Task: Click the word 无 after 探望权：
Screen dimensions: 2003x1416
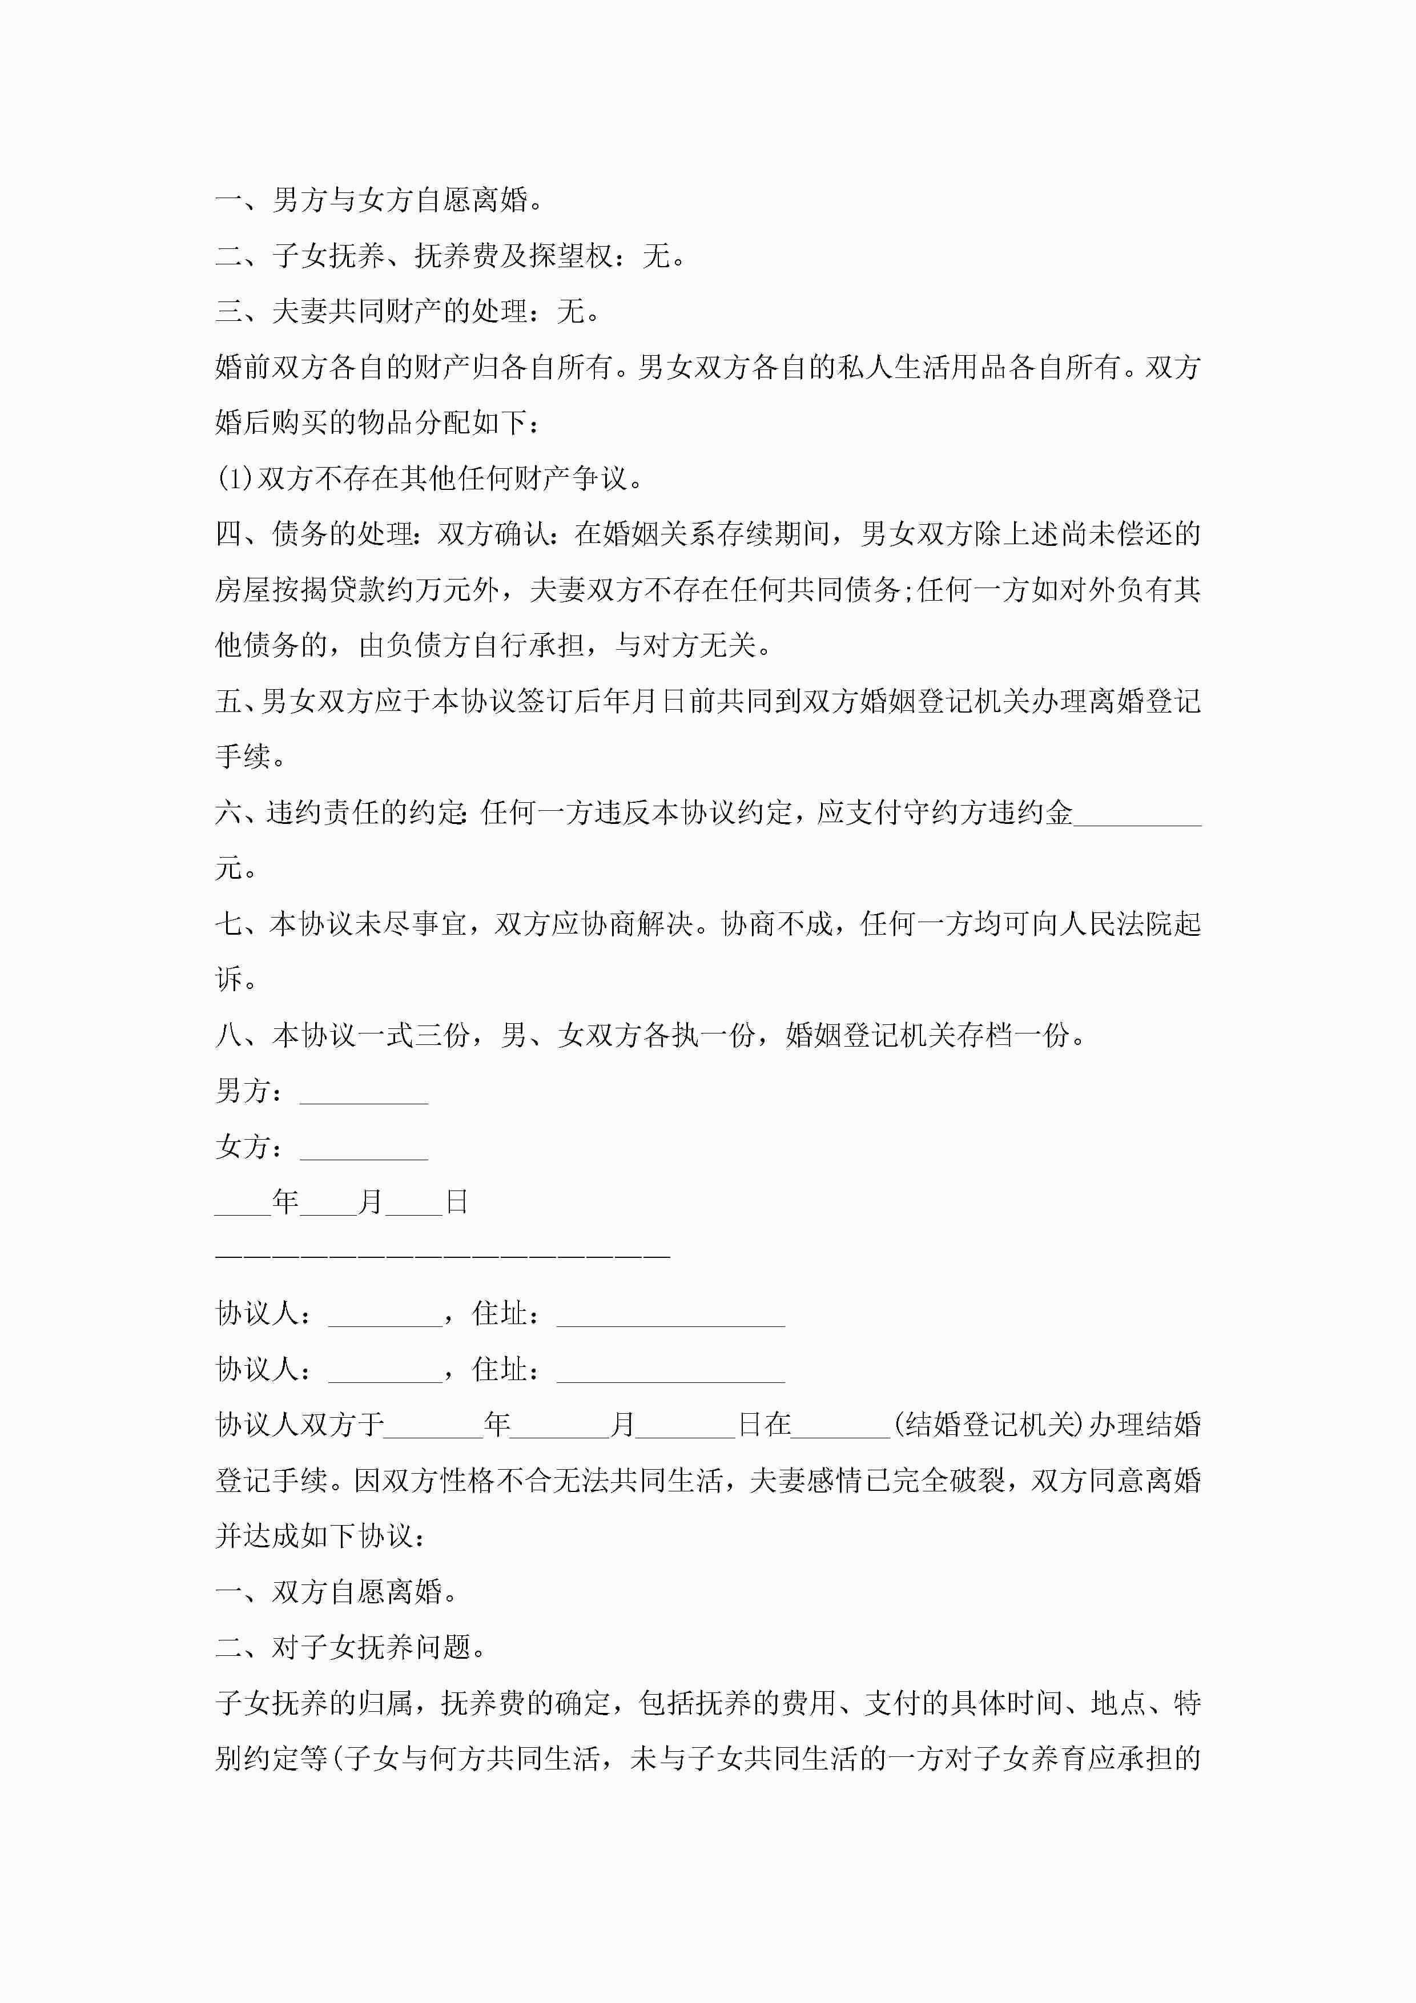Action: point(656,256)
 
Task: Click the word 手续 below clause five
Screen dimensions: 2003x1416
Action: point(243,757)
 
